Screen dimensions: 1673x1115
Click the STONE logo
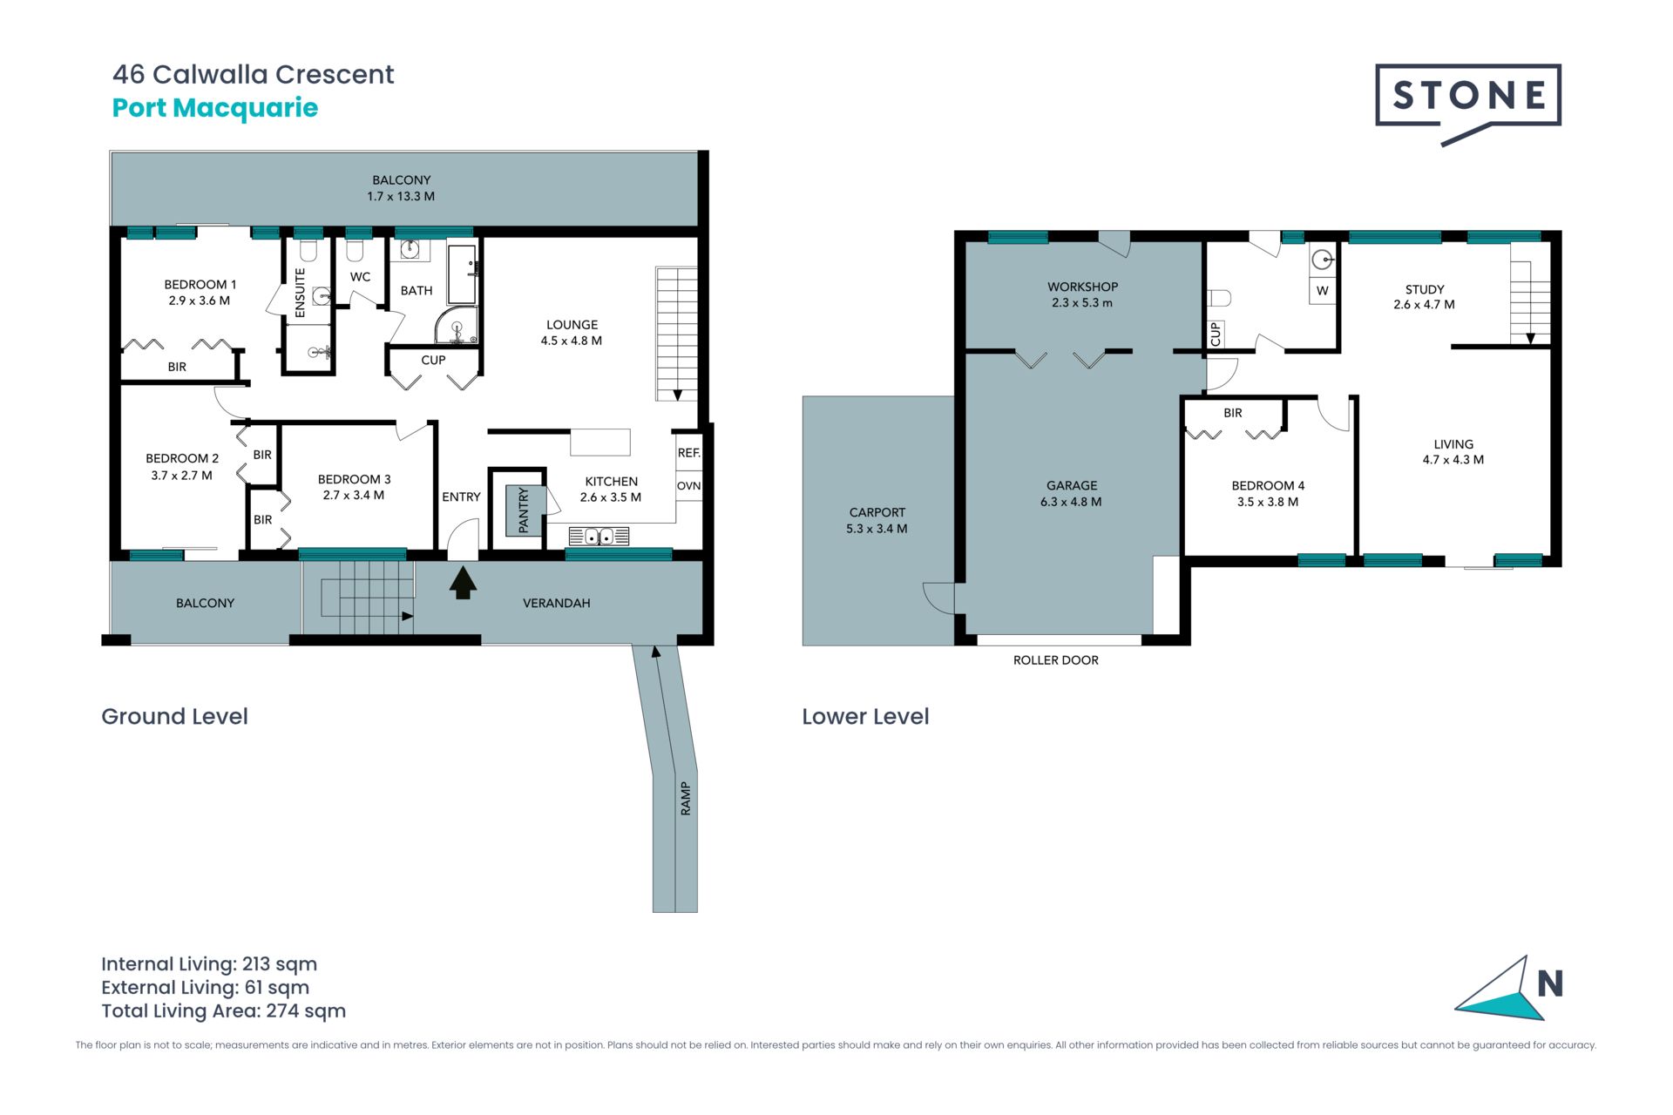(1468, 104)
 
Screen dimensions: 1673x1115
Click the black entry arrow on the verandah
(463, 583)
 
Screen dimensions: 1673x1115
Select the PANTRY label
(523, 510)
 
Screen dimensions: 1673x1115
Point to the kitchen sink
(599, 537)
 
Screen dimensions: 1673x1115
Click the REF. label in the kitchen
(689, 453)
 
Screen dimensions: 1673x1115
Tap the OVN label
(689, 486)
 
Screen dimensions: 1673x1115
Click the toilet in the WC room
(354, 251)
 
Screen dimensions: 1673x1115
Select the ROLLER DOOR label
(1056, 660)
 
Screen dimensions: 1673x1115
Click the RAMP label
(686, 798)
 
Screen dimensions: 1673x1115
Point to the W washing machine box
(1323, 291)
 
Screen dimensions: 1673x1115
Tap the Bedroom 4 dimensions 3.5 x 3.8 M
(1268, 502)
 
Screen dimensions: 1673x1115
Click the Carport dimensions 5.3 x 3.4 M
(877, 529)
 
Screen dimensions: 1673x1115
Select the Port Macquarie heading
(215, 108)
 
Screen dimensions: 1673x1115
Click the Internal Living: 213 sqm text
(209, 964)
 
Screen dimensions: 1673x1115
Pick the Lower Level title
(865, 716)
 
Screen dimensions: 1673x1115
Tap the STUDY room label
(1425, 289)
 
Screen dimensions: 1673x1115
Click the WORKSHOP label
(1082, 287)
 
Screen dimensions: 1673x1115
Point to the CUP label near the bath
(433, 360)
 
